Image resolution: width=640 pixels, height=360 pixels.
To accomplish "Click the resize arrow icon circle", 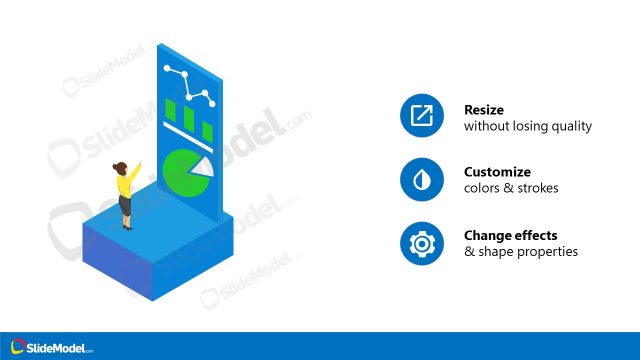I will [x=421, y=117].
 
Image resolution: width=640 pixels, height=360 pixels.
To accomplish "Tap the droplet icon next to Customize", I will [x=421, y=180].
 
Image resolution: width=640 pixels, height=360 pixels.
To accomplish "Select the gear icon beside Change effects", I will [x=421, y=243].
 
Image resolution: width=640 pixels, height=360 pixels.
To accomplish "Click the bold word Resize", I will [x=483, y=110].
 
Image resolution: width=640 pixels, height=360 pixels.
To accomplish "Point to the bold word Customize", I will [x=497, y=172].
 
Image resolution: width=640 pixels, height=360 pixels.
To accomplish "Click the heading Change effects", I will [x=511, y=236].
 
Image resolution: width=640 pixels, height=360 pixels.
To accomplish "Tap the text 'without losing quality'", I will [x=528, y=127].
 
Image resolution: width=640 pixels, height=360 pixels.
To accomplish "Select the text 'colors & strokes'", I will [x=511, y=189].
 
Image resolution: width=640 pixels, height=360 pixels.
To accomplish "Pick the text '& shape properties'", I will [x=521, y=252].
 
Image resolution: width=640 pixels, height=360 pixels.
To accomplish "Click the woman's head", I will [x=121, y=168].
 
